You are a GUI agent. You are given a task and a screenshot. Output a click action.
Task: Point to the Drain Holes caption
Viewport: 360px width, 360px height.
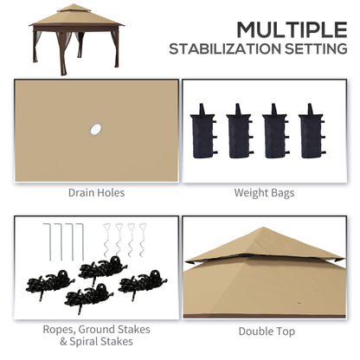pyautogui.click(x=97, y=192)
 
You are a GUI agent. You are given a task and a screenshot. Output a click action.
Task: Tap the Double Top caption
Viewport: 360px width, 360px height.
pyautogui.click(x=267, y=331)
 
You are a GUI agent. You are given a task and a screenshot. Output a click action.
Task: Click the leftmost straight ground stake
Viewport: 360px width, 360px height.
pyautogui.click(x=47, y=241)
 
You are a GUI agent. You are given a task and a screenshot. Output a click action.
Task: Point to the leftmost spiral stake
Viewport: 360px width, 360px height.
pyautogui.click(x=108, y=241)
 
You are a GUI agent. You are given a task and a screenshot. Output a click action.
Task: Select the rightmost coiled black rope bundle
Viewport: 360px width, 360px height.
pyautogui.click(x=141, y=286)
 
